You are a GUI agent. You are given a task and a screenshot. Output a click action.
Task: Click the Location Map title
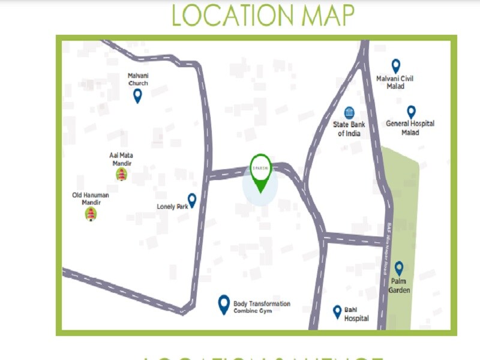click(263, 16)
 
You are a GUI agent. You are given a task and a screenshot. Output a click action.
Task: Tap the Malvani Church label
click(138, 79)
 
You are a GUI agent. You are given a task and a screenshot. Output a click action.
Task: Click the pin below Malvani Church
click(137, 95)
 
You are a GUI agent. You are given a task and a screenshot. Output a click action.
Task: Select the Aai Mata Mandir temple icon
click(121, 174)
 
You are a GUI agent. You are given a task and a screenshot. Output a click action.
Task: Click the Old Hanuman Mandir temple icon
click(91, 213)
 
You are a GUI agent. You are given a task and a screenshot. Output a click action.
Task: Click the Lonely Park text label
click(172, 206)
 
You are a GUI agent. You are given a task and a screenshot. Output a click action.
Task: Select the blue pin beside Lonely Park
click(192, 200)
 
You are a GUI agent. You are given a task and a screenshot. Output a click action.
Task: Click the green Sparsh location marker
click(260, 172)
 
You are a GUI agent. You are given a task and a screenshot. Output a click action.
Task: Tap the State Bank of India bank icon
click(349, 113)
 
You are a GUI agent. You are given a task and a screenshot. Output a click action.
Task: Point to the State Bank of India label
click(349, 129)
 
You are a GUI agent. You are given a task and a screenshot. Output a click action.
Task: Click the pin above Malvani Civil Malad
click(395, 65)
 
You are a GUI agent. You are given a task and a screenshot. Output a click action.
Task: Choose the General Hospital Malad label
click(410, 128)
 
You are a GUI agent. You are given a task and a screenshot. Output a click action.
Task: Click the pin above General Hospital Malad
click(411, 112)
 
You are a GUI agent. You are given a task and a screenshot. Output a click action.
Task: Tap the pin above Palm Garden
click(398, 268)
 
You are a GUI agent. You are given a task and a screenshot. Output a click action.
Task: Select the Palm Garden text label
click(399, 286)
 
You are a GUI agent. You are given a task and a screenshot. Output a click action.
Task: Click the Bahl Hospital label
click(356, 314)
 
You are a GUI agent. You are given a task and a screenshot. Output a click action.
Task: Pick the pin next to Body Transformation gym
click(224, 304)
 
